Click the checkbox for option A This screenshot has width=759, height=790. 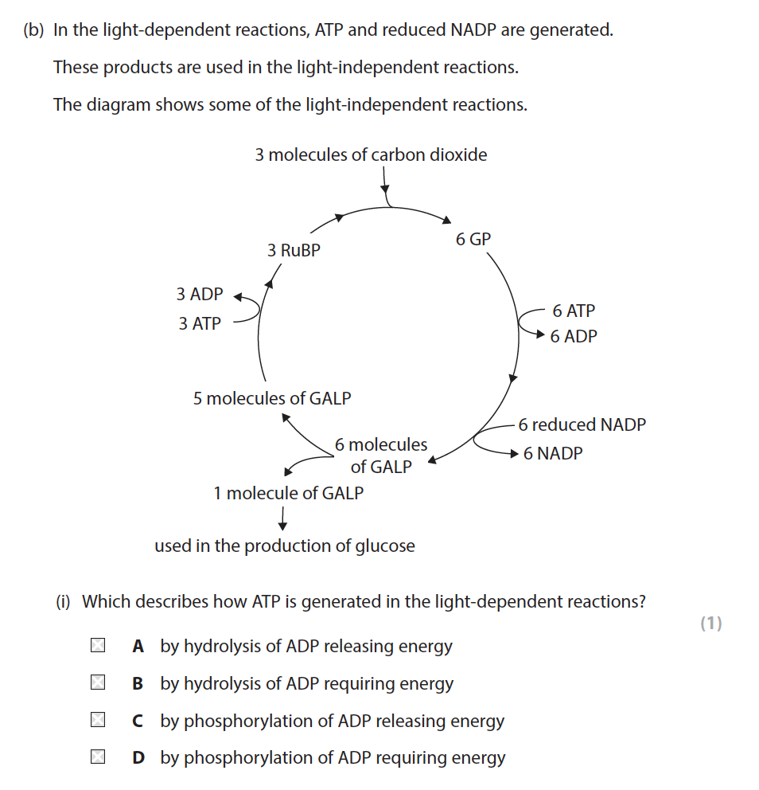point(98,646)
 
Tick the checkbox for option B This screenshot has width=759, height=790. point(98,683)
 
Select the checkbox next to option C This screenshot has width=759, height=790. point(98,721)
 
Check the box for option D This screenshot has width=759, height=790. point(98,757)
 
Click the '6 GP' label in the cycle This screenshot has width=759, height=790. point(473,239)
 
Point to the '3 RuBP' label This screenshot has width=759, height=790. point(294,250)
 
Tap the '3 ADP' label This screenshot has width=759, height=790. point(200,294)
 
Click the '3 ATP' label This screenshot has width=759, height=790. point(200,323)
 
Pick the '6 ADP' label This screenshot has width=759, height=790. point(574,336)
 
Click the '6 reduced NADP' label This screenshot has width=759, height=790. point(582,424)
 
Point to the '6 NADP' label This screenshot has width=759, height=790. point(553,453)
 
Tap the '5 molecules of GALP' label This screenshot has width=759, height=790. point(271,398)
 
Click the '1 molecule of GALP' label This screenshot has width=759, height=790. point(288,493)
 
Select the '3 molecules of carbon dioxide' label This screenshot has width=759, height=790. point(371,154)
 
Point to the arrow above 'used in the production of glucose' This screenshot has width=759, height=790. point(282,518)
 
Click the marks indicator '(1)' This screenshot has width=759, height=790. point(710,624)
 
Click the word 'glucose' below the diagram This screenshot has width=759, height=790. point(384,546)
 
